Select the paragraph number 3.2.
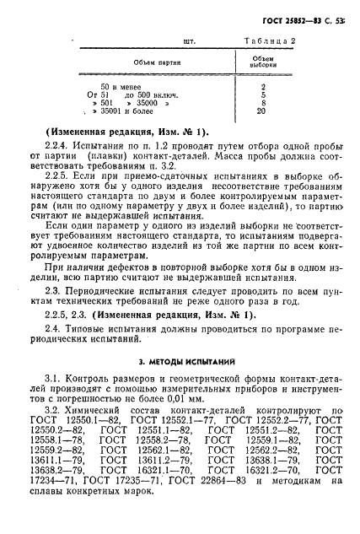(57, 432)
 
